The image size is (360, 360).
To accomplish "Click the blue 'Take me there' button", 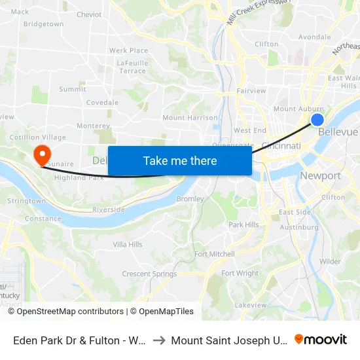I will point(179,161).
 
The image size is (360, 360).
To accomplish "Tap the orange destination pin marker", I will point(42,154).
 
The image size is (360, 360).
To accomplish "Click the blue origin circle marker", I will point(317,119).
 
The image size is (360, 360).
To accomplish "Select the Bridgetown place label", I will point(43,24).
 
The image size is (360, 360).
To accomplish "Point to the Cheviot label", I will point(89,14).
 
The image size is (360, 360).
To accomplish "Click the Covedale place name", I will point(102,103).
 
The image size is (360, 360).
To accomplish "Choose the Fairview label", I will point(251,91).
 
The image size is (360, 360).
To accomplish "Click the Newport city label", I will point(320,175).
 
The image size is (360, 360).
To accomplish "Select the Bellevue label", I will point(338,132).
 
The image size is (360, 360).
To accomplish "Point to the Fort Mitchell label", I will point(215,254).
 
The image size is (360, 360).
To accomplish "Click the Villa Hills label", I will point(128,244).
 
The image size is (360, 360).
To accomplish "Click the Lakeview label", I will point(251,305).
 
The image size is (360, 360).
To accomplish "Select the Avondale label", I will point(314,37).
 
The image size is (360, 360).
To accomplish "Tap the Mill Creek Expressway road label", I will point(258,12).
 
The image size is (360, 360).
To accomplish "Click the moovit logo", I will point(320,340).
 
